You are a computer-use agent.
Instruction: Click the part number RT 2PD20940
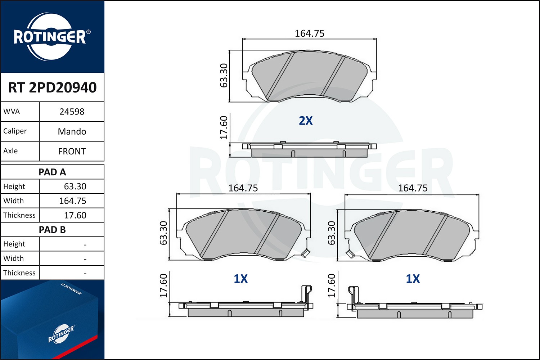point(52,87)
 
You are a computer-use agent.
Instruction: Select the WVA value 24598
point(72,112)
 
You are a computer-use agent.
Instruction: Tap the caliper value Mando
point(72,131)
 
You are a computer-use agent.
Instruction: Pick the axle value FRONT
point(72,151)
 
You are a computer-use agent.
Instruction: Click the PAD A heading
point(52,172)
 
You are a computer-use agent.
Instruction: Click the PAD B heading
point(52,230)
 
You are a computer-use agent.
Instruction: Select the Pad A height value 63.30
point(75,186)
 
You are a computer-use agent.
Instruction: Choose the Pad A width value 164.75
point(72,201)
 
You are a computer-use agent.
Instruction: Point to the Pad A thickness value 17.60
point(75,215)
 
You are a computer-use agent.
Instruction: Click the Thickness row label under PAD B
point(19,273)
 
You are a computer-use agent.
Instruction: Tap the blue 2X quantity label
point(306,121)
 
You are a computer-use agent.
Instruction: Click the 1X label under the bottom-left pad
point(240,279)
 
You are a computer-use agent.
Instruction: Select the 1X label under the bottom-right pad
point(413,279)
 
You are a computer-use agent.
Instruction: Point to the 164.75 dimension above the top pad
point(309,33)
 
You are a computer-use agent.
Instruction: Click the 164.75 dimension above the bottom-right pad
point(413,188)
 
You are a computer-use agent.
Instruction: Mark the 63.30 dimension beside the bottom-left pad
point(163,233)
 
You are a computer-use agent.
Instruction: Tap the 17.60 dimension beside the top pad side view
point(224,127)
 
